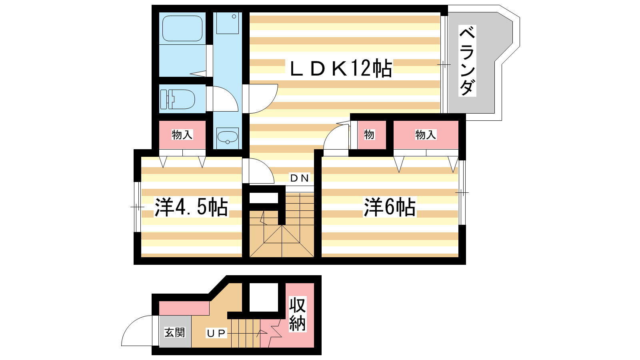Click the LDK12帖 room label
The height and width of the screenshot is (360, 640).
point(341,68)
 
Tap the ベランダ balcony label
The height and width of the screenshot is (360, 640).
point(467,60)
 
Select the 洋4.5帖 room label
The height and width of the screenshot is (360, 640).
point(191,206)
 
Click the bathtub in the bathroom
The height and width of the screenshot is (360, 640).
point(182,28)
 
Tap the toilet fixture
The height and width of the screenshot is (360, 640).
point(178,99)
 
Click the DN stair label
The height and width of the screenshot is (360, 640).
point(300,178)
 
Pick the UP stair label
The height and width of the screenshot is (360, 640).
point(216,333)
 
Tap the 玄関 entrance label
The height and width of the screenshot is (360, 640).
point(175,332)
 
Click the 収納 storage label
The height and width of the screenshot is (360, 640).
point(297,314)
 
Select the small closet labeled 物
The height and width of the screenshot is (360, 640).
point(369,134)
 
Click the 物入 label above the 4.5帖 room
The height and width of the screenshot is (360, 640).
point(182,134)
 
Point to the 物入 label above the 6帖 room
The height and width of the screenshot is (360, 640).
point(426,134)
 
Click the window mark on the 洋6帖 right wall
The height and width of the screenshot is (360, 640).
point(462,193)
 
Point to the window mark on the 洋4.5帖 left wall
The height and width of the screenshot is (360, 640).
point(138,207)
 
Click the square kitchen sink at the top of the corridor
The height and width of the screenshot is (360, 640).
point(228,23)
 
